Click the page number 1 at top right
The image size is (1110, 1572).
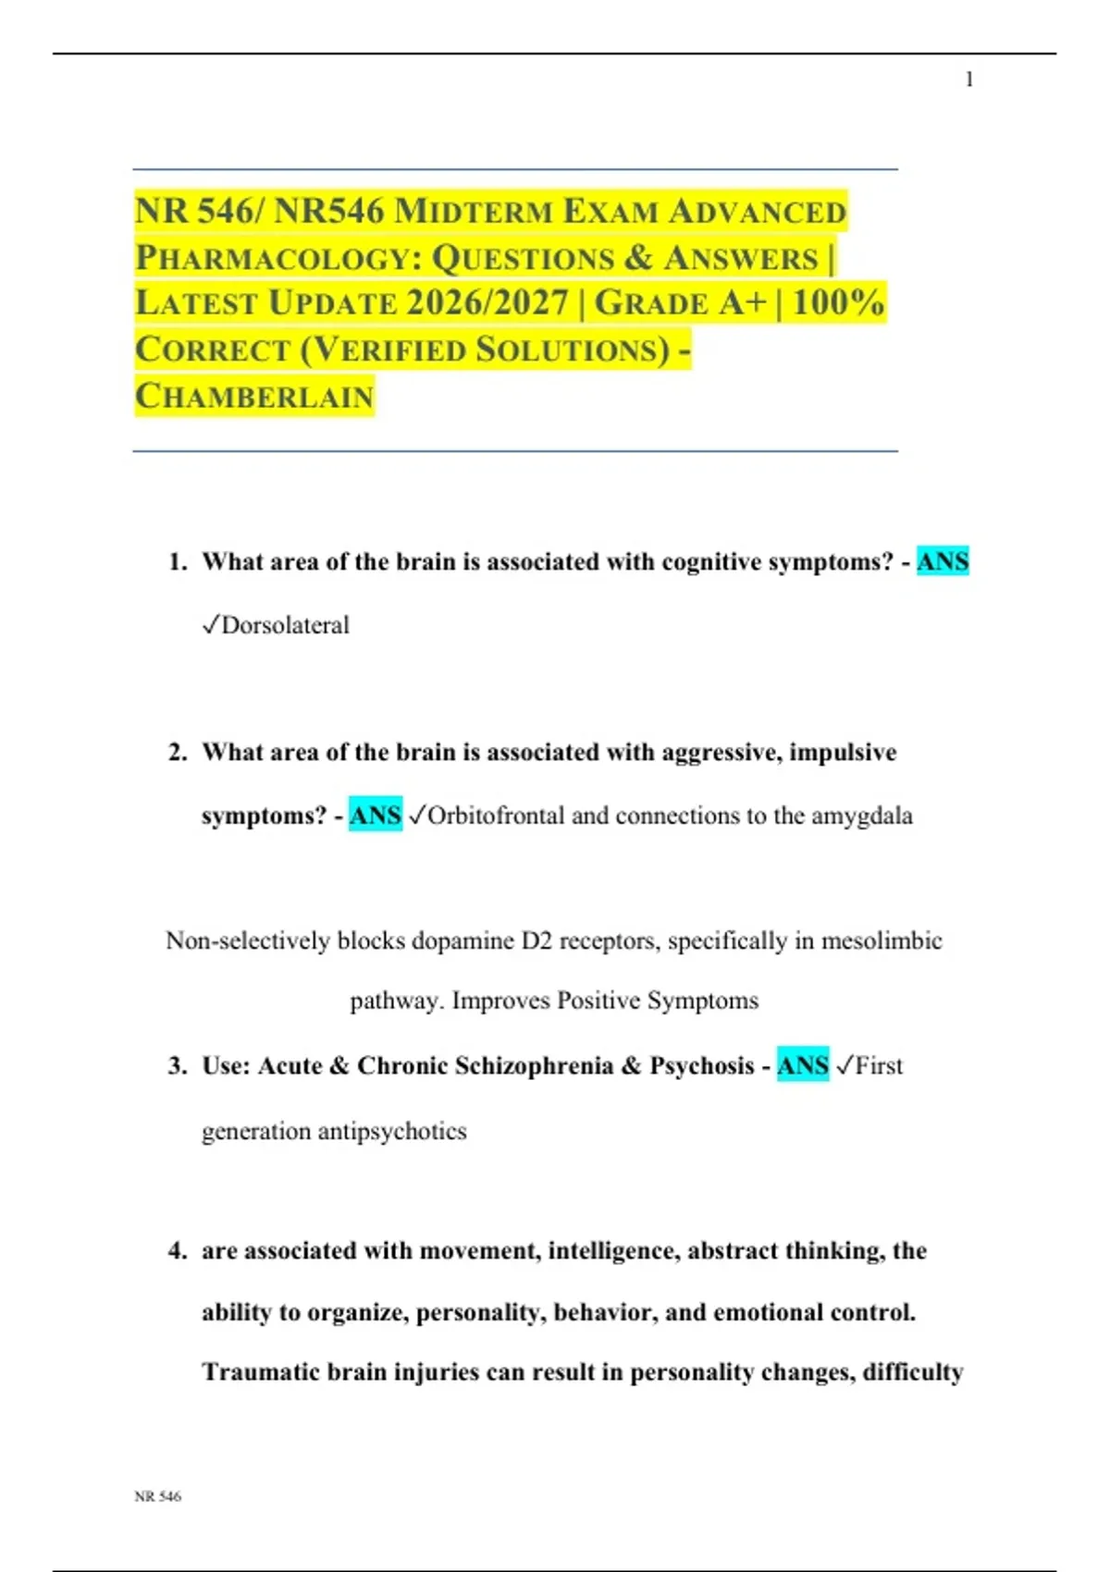(968, 80)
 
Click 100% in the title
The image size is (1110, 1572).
(838, 303)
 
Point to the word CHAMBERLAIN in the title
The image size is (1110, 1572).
(254, 397)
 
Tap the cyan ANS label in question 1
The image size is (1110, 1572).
(943, 561)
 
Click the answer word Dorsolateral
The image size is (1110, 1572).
(285, 626)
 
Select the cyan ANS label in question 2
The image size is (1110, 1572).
(376, 816)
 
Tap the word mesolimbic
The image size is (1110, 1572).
(882, 941)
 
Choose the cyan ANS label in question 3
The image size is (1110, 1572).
(803, 1065)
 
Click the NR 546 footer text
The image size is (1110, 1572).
(157, 1496)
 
